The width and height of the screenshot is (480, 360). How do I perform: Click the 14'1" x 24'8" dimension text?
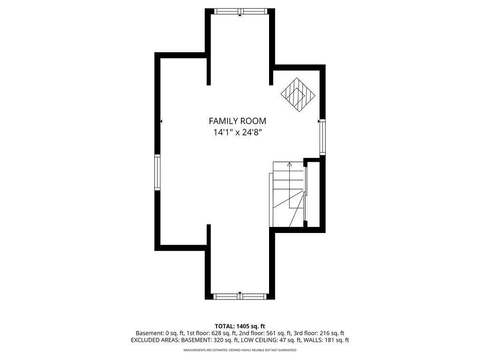click(237, 133)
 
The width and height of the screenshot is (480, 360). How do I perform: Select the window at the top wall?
click(240, 11)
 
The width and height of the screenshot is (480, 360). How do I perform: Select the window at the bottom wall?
click(240, 296)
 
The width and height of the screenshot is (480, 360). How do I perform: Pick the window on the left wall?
click(157, 172)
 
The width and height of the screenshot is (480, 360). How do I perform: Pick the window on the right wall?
click(322, 137)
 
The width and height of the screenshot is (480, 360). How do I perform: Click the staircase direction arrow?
click(289, 165)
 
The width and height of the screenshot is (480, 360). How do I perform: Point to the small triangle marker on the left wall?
click(161, 121)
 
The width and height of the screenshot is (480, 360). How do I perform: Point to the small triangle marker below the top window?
click(240, 16)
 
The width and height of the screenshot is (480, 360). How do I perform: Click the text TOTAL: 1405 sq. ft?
click(240, 326)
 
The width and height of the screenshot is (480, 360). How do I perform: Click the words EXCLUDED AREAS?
click(153, 340)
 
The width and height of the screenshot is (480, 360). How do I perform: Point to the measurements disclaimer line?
click(240, 350)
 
